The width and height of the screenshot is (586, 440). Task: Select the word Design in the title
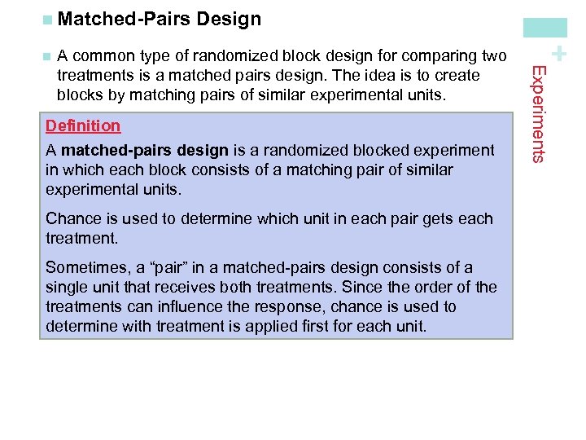click(x=229, y=19)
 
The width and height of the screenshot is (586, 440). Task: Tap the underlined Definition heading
click(x=83, y=125)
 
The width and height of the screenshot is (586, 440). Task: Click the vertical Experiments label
click(x=537, y=113)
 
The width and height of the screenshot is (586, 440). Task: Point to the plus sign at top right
click(x=558, y=54)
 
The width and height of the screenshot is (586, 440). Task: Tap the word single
click(x=67, y=287)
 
